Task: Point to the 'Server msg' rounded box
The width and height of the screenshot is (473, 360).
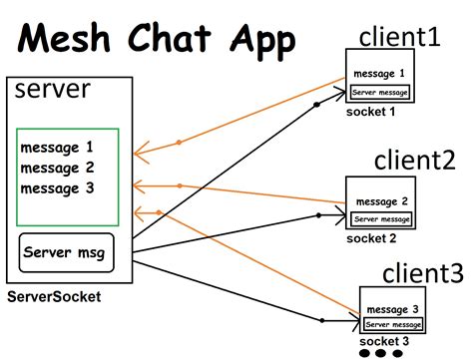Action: tap(67, 252)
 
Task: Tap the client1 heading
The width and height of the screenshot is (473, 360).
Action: tap(399, 37)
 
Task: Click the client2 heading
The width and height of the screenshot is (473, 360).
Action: tap(415, 160)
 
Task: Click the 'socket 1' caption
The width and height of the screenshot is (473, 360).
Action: tap(371, 112)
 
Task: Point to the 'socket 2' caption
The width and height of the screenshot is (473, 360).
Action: tap(371, 238)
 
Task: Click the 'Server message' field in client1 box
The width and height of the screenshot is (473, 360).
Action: tap(379, 92)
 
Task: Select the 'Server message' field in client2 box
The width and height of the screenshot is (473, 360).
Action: tap(382, 218)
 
